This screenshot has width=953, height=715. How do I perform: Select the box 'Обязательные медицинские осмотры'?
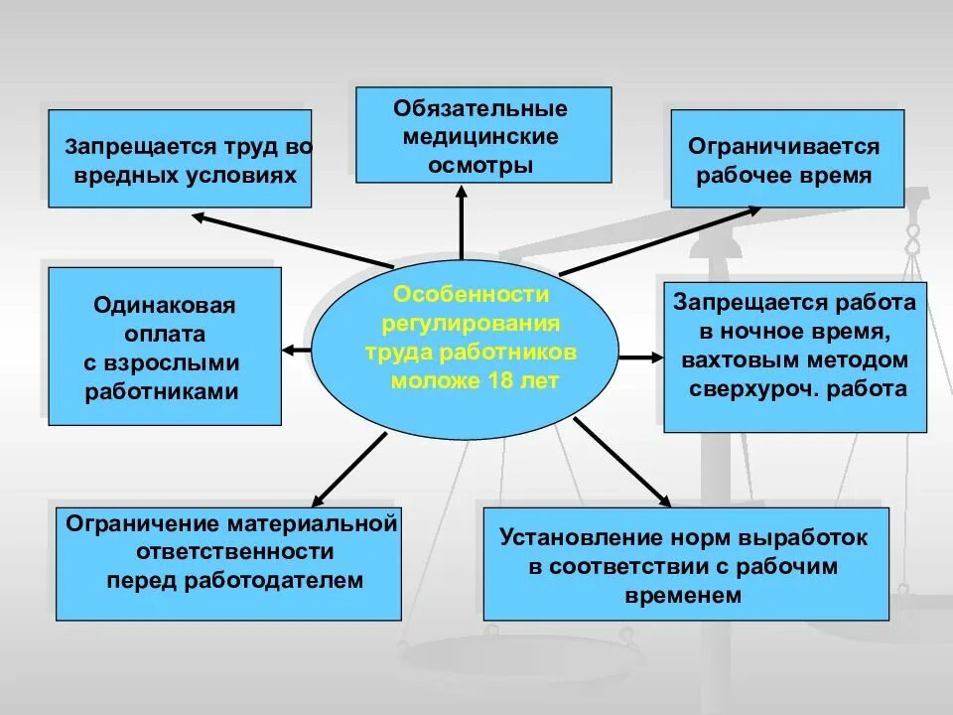pyautogui.click(x=483, y=135)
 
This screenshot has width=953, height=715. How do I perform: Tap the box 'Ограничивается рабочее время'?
pyautogui.click(x=787, y=159)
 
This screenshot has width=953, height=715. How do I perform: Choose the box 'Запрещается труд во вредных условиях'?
pyautogui.click(x=180, y=159)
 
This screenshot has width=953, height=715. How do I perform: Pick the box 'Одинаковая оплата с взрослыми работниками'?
pyautogui.click(x=165, y=347)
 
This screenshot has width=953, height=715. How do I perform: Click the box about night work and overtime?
pyautogui.click(x=794, y=357)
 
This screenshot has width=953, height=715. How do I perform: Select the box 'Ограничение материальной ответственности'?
pyautogui.click(x=228, y=562)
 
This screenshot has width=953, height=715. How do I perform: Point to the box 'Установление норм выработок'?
pyautogui.click(x=685, y=563)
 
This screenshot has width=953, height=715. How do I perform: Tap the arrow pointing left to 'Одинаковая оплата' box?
pyautogui.click(x=296, y=349)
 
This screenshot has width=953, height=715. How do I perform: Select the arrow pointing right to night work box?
pyautogui.click(x=640, y=356)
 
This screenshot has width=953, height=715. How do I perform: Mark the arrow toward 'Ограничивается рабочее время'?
pyautogui.click(x=660, y=239)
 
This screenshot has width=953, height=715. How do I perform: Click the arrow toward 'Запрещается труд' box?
pyautogui.click(x=293, y=239)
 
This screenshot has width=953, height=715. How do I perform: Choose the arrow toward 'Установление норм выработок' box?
pyautogui.click(x=620, y=461)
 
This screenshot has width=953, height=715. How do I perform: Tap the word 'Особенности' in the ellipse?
pyautogui.click(x=471, y=295)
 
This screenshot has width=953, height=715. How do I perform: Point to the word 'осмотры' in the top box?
pyautogui.click(x=480, y=165)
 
